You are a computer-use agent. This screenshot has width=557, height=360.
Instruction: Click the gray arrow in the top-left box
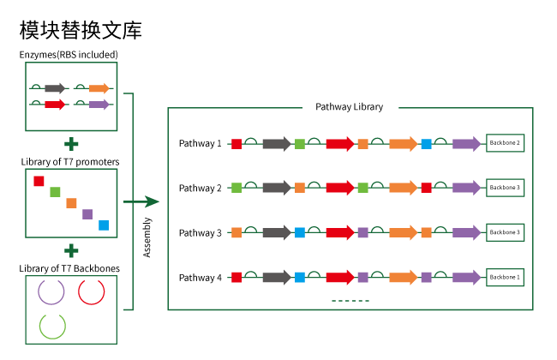coord(55,88)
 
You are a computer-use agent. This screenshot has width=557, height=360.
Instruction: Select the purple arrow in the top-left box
coord(99,105)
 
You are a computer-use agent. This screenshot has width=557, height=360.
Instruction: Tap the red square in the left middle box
coord(39,181)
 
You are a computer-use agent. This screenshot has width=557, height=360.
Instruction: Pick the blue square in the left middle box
coord(104,225)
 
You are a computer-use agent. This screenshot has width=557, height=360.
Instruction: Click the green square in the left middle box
coord(55,192)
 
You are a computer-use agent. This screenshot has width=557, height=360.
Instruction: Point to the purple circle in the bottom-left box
coord(51,291)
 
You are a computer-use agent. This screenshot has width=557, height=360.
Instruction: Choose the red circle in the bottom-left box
coord(92,291)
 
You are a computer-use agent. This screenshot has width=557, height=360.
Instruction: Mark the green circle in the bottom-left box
coord(52,326)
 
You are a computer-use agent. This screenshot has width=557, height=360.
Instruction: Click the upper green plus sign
coord(71,144)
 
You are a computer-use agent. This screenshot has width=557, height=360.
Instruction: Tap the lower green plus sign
coord(71,250)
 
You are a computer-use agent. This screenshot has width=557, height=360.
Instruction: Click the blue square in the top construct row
coord(426,144)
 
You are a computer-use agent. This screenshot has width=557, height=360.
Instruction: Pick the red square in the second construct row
coord(426,188)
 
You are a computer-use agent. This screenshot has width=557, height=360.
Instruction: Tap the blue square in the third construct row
coord(300,232)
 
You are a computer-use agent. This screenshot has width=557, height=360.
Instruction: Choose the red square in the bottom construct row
coord(237,277)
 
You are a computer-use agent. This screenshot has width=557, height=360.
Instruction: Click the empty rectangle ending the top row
coord(505,143)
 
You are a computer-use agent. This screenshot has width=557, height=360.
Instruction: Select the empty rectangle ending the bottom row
coord(505,278)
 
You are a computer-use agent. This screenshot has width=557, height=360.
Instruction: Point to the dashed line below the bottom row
coord(350,301)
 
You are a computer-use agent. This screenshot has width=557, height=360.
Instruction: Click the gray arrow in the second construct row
coord(277,188)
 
